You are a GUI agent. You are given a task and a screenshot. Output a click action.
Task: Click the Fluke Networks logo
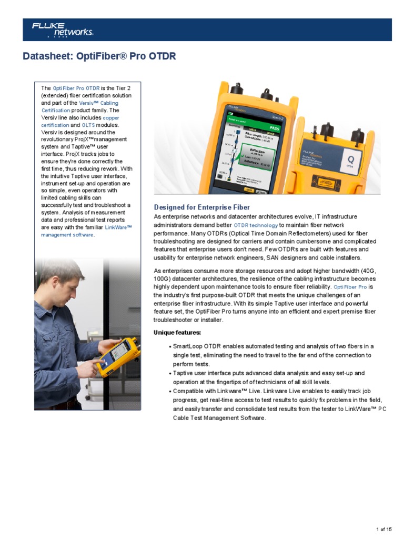coord(62,29)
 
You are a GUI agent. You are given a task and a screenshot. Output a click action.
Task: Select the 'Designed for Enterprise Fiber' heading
coord(201,207)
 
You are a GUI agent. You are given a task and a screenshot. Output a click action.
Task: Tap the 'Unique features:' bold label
coord(177,333)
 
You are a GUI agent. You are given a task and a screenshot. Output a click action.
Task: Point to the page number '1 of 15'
coord(384,529)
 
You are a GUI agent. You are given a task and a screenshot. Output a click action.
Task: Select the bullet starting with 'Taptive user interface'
coord(268,377)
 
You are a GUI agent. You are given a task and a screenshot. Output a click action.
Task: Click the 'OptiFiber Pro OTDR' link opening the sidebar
coord(76,88)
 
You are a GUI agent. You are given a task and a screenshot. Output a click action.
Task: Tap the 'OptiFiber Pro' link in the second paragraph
coord(350,287)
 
